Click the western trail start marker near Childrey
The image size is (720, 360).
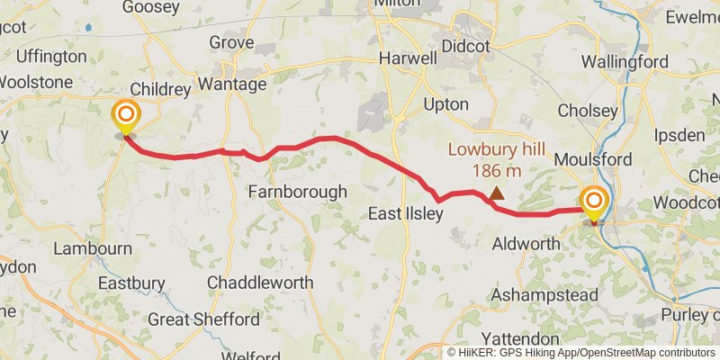click(125, 116)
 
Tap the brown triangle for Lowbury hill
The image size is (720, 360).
click(497, 193)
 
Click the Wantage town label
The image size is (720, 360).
click(232, 85)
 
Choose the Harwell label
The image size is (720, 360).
click(408, 58)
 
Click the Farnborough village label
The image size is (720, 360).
click(297, 192)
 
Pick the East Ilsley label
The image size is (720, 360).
click(406, 214)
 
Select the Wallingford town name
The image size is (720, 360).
click(625, 62)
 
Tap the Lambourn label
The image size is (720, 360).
click(93, 247)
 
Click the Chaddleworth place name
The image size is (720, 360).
click(260, 283)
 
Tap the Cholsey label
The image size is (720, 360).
click(588, 112)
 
